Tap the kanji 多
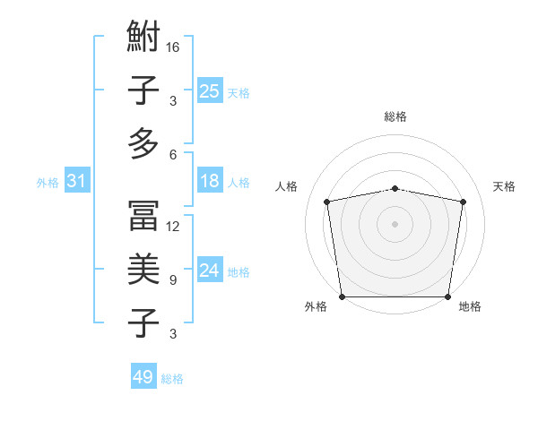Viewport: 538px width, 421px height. click(144, 143)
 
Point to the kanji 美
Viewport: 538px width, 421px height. click(144, 269)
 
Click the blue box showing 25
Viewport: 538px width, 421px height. click(210, 90)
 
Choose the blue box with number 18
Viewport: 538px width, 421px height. click(210, 181)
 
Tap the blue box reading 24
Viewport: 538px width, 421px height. click(210, 271)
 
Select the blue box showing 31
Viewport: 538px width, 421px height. click(77, 182)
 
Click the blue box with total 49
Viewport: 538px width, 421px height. click(143, 377)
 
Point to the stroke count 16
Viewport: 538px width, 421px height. click(174, 47)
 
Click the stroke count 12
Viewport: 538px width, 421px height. click(174, 227)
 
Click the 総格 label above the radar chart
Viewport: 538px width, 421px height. click(395, 116)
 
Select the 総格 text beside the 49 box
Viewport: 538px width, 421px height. click(173, 379)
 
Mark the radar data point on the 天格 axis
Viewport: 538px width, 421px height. click(464, 202)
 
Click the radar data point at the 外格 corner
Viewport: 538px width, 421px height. click(342, 296)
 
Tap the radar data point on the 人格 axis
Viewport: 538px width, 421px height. click(327, 202)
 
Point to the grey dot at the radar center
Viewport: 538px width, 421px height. click(395, 223)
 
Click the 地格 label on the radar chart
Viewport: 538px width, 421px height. click(470, 307)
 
